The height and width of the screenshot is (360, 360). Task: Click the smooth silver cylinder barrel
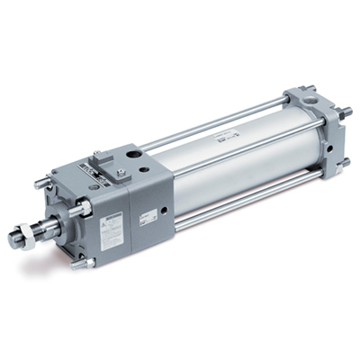coord(225,171)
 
